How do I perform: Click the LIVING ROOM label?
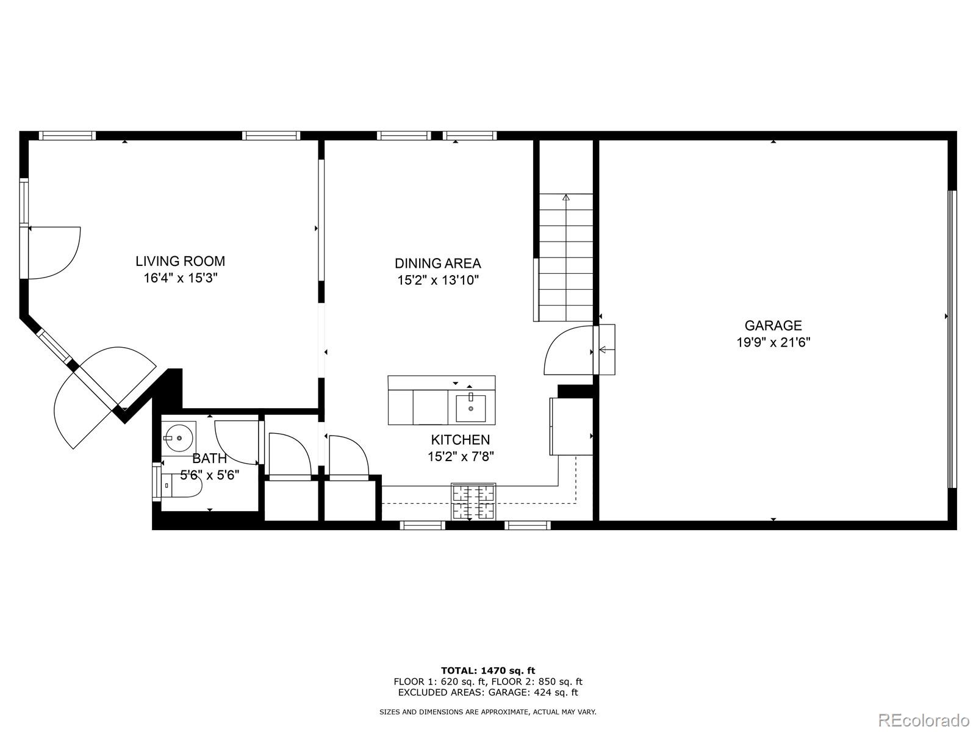point(180,262)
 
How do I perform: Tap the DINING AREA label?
point(437,264)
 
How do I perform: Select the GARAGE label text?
point(773,326)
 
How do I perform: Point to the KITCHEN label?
point(460,440)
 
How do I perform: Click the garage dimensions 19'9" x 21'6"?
point(773,342)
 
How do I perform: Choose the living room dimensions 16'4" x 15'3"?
point(180,278)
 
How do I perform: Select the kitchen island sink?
point(471,408)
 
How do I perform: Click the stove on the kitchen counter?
point(473,501)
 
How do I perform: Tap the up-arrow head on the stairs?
point(565,197)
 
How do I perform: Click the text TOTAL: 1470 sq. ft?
point(488,670)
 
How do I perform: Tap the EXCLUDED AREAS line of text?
point(488,692)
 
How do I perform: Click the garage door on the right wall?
point(951,339)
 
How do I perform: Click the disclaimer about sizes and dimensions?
point(488,712)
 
